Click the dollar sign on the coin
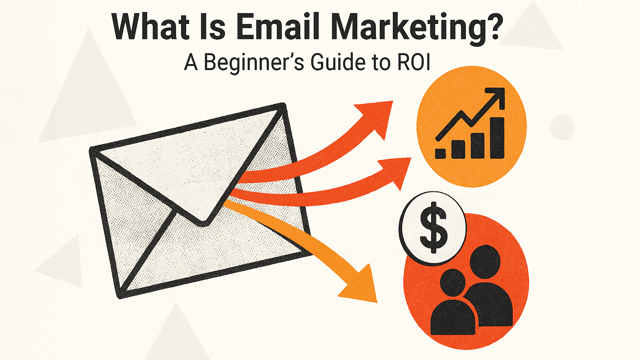(433, 228)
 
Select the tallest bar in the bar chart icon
(497, 137)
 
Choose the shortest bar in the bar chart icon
(440, 153)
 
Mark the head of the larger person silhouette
(485, 261)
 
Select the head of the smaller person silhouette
(452, 282)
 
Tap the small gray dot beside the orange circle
(562, 127)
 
